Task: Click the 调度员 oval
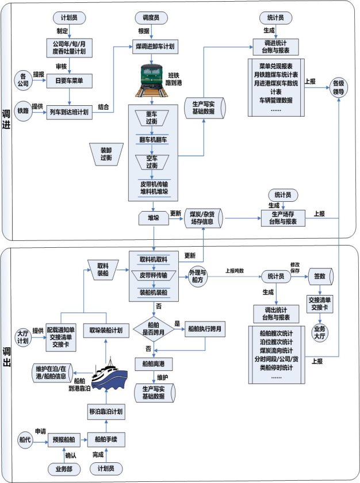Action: pyautogui.click(x=151, y=18)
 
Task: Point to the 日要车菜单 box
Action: pyautogui.click(x=70, y=80)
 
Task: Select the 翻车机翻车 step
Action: pyautogui.click(x=152, y=140)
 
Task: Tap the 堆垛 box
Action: pyautogui.click(x=153, y=219)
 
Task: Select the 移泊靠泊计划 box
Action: pyautogui.click(x=106, y=412)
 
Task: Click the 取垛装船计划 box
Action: pyautogui.click(x=106, y=331)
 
